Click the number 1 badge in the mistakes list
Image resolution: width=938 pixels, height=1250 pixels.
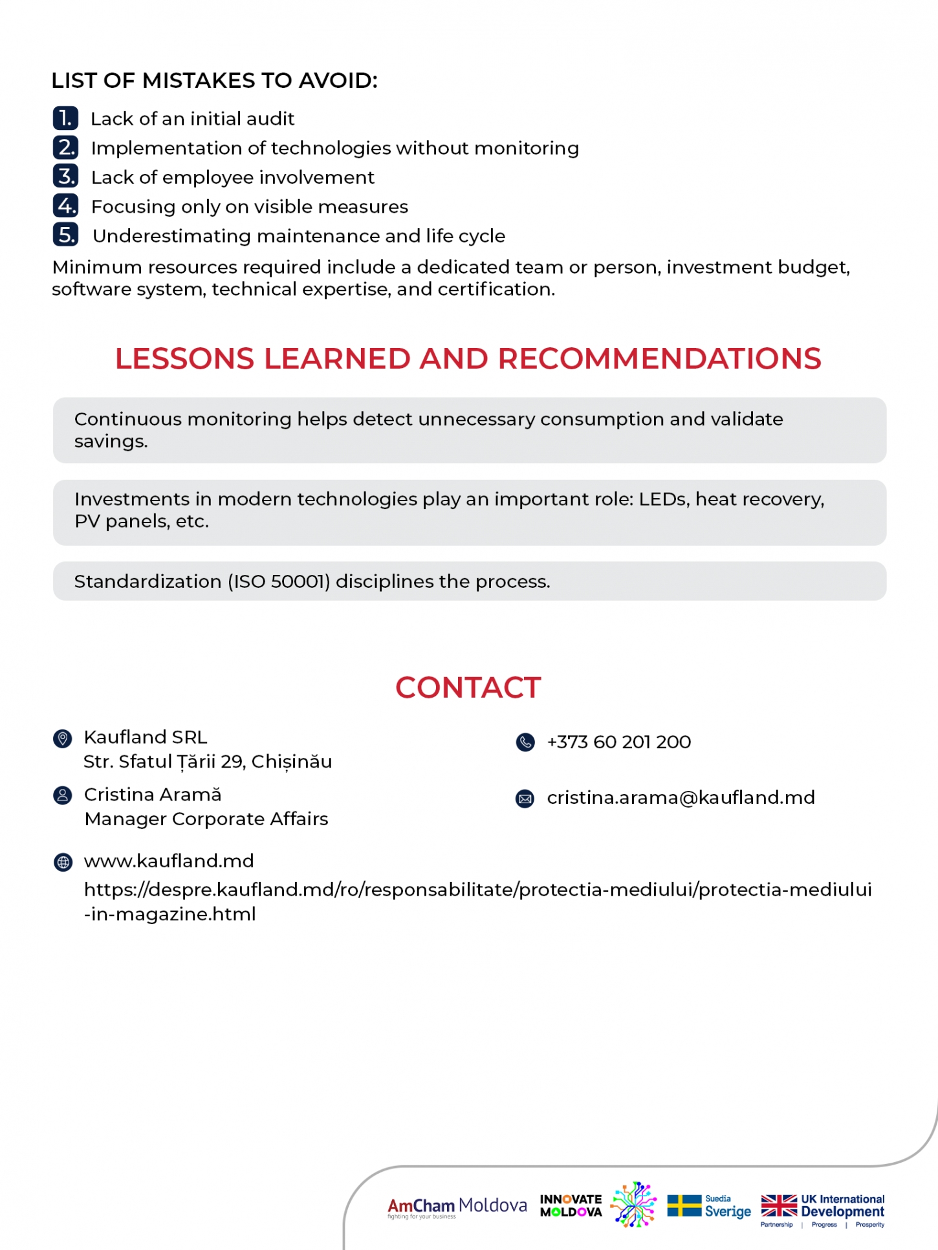pyautogui.click(x=65, y=118)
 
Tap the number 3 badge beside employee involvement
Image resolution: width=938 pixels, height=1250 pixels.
pyautogui.click(x=65, y=177)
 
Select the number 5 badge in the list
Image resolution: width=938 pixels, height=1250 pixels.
pyautogui.click(x=65, y=235)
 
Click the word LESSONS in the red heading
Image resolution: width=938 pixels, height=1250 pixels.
pyautogui.click(x=185, y=359)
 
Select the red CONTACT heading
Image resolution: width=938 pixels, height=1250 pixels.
pyautogui.click(x=468, y=687)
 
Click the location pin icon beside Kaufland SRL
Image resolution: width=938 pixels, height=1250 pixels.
pyautogui.click(x=63, y=738)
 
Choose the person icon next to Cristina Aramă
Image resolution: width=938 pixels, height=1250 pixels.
pyautogui.click(x=63, y=795)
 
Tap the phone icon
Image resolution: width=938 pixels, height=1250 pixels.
pyautogui.click(x=525, y=742)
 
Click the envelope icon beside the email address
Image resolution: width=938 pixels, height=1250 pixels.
pyautogui.click(x=525, y=799)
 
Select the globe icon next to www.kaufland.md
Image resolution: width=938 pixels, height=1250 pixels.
pyautogui.click(x=63, y=862)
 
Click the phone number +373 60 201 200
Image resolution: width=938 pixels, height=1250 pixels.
pyautogui.click(x=619, y=742)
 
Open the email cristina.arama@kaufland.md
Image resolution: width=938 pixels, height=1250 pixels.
pyautogui.click(x=681, y=798)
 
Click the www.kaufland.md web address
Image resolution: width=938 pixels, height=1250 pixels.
pyautogui.click(x=169, y=861)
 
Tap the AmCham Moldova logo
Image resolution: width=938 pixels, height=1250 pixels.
pyautogui.click(x=457, y=1207)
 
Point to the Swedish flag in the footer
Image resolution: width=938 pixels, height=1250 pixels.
pyautogui.click(x=684, y=1205)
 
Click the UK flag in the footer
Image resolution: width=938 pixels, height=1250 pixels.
pyautogui.click(x=779, y=1205)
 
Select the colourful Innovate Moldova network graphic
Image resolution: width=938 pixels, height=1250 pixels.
pyautogui.click(x=633, y=1204)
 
